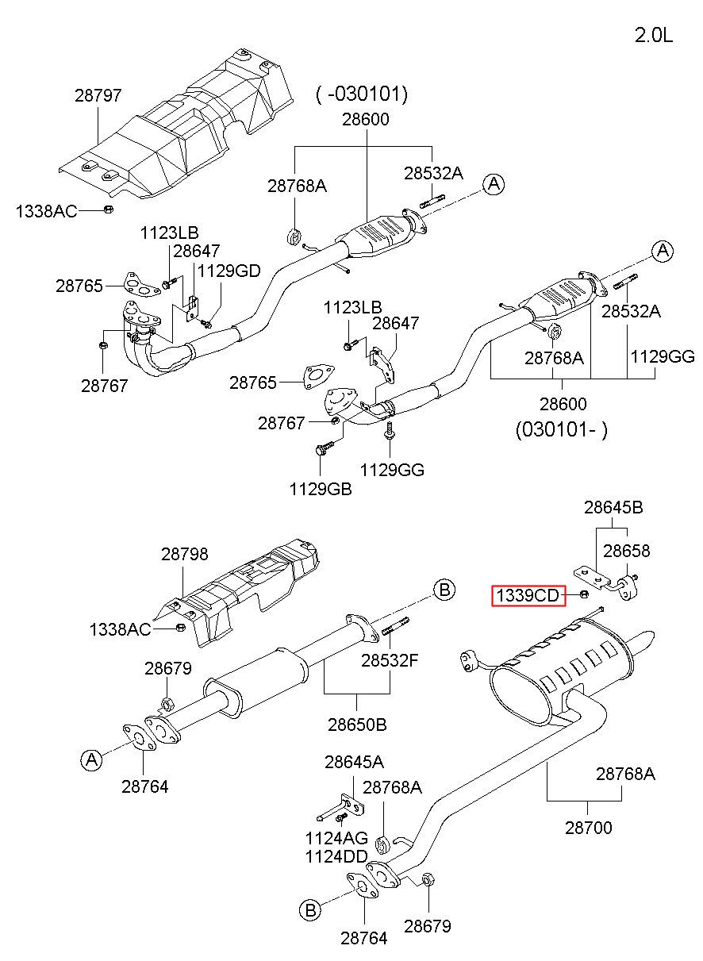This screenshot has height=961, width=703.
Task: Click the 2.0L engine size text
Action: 653,35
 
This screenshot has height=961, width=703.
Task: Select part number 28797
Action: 98,95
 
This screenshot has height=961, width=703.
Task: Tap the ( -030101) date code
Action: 362,94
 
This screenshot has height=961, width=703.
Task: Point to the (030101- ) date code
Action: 562,429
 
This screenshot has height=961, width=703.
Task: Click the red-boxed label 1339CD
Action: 528,595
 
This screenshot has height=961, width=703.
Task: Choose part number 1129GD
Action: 229,271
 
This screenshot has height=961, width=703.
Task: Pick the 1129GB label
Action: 321,489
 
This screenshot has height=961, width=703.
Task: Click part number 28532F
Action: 390,660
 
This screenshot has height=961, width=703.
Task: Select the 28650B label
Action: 357,725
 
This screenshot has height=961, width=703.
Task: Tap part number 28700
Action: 589,828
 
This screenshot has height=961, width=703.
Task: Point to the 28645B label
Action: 613,508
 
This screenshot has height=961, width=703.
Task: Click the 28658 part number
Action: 627,551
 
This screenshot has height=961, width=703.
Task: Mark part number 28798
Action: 185,554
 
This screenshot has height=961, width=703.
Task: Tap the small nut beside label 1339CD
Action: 584,594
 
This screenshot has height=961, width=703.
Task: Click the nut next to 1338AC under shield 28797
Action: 109,209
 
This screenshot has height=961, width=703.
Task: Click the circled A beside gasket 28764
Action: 92,760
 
